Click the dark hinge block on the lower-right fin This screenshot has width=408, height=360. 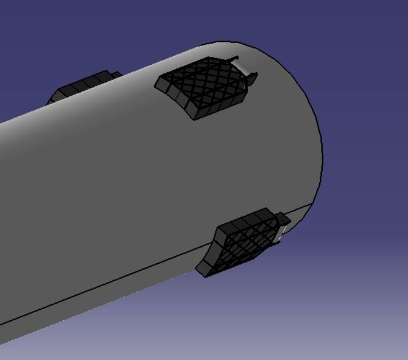(x=282, y=219)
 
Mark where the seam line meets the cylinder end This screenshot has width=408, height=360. (x=312, y=202)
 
